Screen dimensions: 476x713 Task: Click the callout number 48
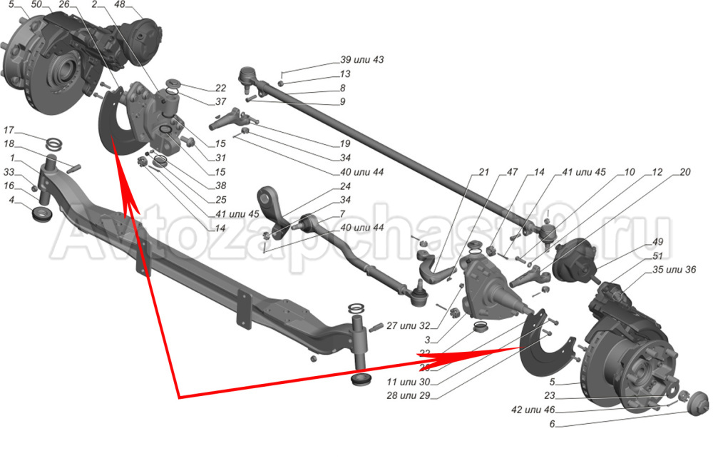(119, 4)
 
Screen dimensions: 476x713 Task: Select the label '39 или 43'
(361, 60)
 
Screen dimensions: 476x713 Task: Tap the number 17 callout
(9, 131)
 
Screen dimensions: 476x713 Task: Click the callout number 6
(552, 425)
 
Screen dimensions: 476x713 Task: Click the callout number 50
(36, 4)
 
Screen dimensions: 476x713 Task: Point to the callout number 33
(9, 172)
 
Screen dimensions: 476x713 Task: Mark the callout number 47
(512, 172)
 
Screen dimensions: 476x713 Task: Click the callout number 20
(684, 172)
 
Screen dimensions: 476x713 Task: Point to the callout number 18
(9, 144)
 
